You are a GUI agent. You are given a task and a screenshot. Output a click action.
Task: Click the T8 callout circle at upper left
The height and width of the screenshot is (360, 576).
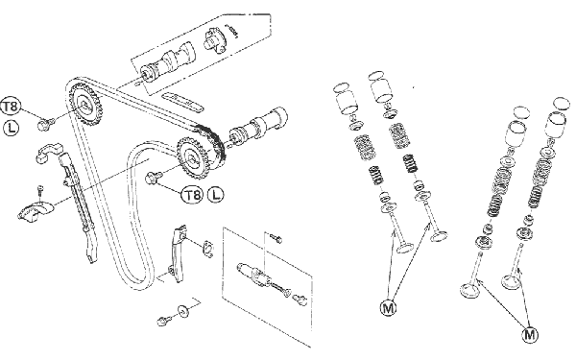click(10, 107)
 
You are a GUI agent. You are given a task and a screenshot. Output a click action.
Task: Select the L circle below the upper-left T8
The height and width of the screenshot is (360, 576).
click(11, 128)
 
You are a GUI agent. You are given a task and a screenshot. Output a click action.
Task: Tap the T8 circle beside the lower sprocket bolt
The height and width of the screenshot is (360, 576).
click(192, 195)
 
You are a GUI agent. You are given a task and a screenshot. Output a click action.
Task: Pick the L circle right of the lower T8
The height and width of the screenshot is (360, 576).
click(216, 194)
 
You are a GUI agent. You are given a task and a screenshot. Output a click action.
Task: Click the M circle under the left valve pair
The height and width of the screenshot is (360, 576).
click(388, 307)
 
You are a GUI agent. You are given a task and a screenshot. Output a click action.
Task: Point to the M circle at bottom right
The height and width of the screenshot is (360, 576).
click(529, 335)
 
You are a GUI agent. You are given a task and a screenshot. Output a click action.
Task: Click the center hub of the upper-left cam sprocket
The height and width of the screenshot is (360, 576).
click(85, 106)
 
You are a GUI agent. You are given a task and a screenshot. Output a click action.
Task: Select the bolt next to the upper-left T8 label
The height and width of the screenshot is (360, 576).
click(46, 123)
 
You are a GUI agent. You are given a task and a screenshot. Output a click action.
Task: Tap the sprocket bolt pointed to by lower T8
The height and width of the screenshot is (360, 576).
click(154, 178)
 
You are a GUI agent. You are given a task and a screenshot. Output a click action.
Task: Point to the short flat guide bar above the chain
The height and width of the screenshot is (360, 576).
click(181, 102)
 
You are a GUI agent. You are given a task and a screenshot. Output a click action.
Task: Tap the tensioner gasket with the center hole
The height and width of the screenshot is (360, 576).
click(207, 249)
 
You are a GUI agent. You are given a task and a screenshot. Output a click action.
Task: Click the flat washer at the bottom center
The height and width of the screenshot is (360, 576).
click(182, 310)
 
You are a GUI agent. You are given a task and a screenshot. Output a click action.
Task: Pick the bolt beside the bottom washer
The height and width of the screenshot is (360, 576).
click(163, 320)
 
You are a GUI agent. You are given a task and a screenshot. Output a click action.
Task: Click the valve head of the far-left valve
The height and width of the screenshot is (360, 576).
click(405, 247)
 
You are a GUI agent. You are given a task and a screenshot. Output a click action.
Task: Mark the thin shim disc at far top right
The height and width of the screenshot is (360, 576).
click(561, 104)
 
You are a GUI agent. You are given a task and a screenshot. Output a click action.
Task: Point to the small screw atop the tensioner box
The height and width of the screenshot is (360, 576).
click(276, 238)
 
